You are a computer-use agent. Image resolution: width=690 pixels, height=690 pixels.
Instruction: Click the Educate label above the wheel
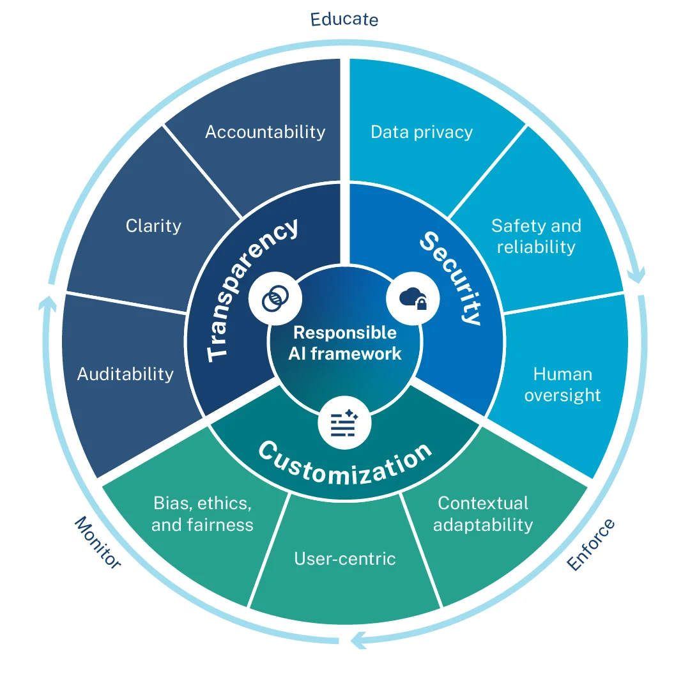[x=344, y=19]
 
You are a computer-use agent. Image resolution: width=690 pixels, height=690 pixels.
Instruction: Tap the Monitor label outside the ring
[x=98, y=542]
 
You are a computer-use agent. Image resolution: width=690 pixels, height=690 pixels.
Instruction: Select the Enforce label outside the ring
[x=592, y=544]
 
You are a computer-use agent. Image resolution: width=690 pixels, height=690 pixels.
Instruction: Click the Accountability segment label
[x=265, y=132]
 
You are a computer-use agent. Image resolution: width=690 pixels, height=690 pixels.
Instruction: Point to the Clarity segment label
[x=153, y=226]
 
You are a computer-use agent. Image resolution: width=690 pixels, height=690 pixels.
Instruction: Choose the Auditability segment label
[x=125, y=374]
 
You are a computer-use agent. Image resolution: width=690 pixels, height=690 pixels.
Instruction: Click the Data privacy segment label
[x=422, y=132]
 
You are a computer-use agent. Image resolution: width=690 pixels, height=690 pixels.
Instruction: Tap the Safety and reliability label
[x=536, y=236]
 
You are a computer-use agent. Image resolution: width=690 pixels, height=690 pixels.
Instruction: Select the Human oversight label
[x=563, y=384]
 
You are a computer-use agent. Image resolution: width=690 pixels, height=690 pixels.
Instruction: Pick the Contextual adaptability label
[x=483, y=514]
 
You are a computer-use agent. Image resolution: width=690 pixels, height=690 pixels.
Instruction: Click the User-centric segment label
[x=345, y=558]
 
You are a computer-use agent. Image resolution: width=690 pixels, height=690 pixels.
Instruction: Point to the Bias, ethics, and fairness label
[x=203, y=514]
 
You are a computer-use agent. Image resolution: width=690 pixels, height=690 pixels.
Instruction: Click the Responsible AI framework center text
[x=345, y=342]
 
